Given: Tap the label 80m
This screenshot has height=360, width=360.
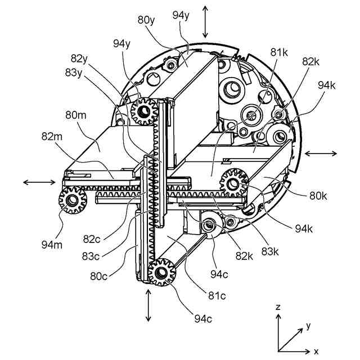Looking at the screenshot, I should (x=75, y=116).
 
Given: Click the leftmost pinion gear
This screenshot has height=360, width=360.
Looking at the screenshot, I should (x=72, y=200).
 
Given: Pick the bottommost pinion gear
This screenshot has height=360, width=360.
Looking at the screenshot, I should (x=161, y=272).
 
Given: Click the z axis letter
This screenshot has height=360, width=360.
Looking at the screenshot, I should (x=278, y=307).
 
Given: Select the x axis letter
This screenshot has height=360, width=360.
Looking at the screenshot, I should (x=316, y=351).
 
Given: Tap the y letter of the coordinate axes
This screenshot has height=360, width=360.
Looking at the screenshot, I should (x=308, y=326).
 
